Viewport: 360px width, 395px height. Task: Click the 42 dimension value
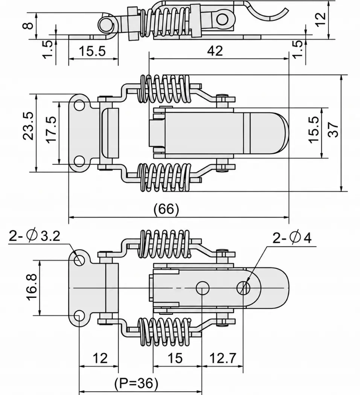[x=215, y=51]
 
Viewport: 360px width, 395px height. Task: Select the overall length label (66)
[x=166, y=209]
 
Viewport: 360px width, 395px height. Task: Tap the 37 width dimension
[x=334, y=130]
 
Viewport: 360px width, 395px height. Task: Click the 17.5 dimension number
[x=52, y=129]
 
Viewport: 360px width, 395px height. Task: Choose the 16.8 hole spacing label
[x=32, y=287]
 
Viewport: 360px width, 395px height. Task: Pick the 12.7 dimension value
[x=223, y=358]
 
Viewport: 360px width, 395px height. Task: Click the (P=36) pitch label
[x=136, y=383]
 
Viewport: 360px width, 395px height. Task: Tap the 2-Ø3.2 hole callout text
[x=35, y=236]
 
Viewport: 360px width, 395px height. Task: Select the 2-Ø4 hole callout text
[x=292, y=238]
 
